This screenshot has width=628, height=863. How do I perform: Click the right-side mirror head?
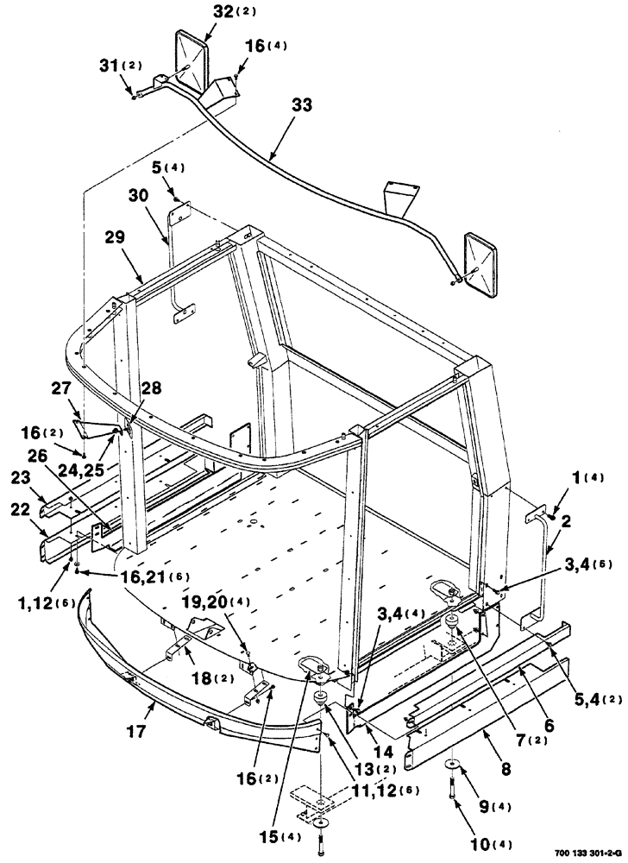pyautogui.click(x=484, y=264)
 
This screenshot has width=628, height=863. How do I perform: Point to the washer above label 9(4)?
pyautogui.click(x=455, y=765)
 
